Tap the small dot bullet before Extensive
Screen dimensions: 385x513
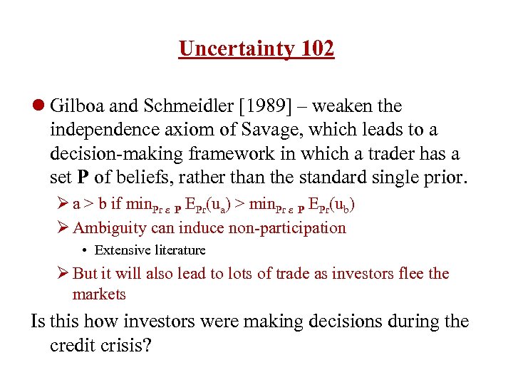[x=85, y=250]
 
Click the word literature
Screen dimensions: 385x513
[x=178, y=250]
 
